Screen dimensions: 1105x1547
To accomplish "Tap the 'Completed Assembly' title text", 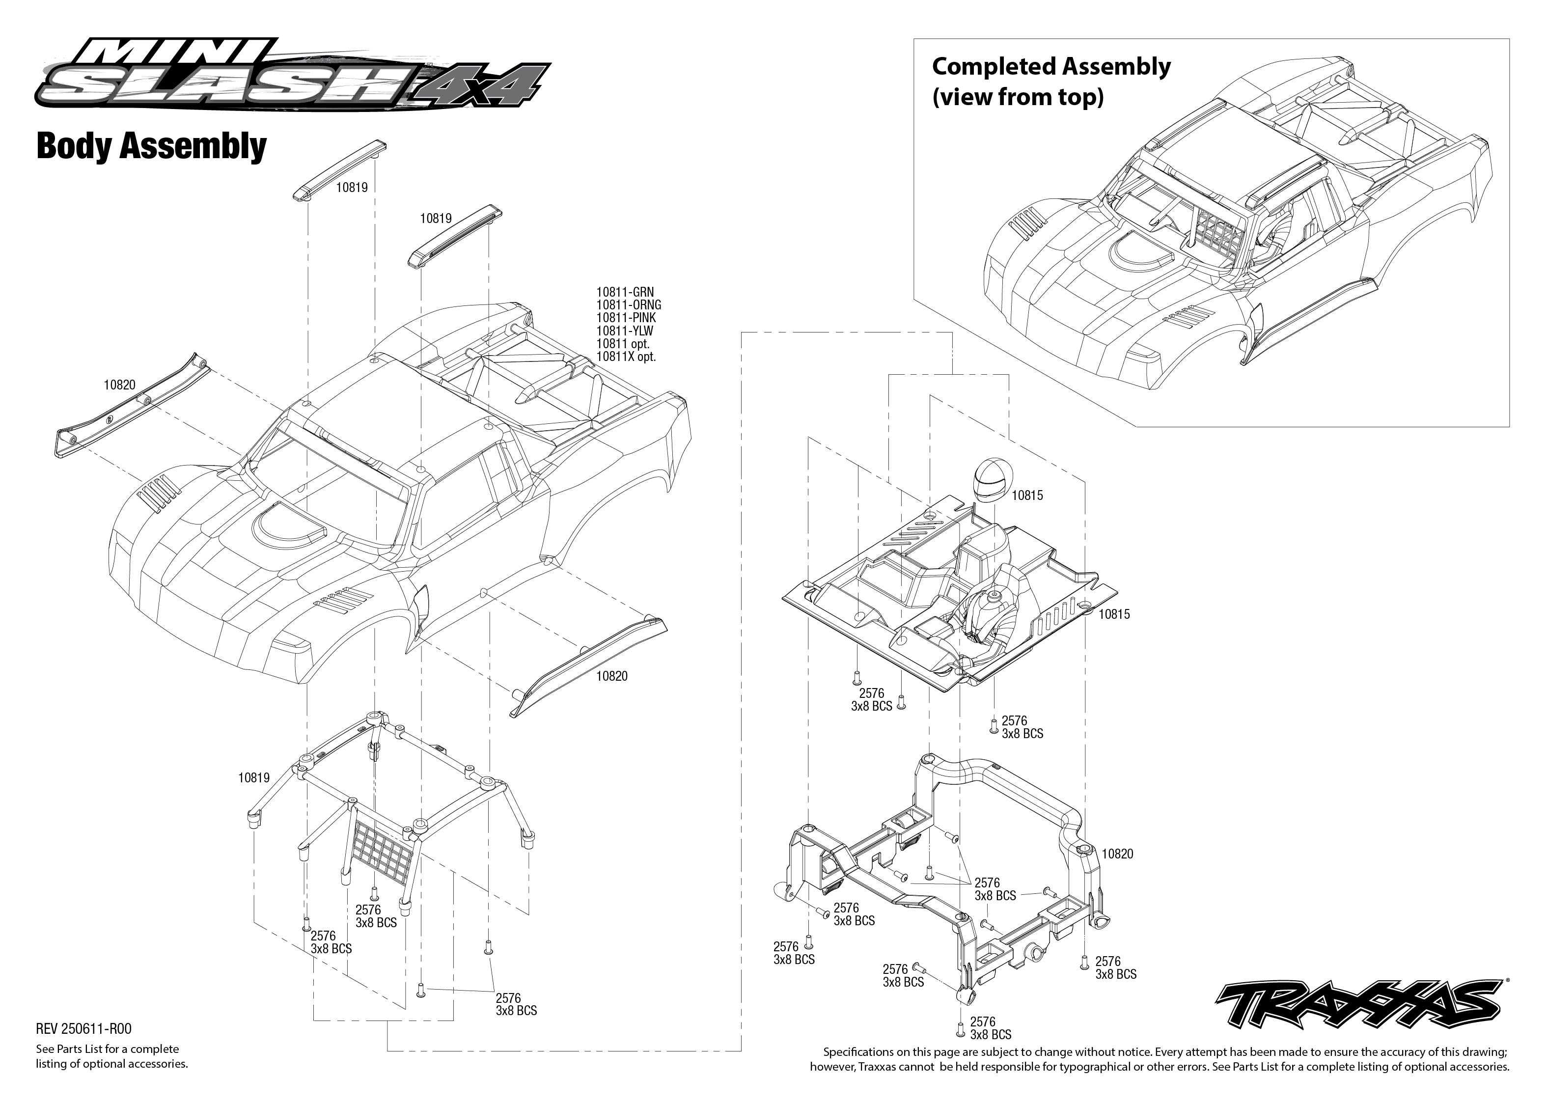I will pyautogui.click(x=1051, y=67).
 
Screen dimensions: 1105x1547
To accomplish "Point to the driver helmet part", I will pyautogui.click(x=991, y=480).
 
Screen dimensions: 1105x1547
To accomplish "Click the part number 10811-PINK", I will pyautogui.click(x=626, y=318).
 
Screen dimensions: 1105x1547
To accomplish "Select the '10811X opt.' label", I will pyautogui.click(x=626, y=357).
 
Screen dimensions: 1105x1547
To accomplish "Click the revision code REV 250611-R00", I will pyautogui.click(x=83, y=1029).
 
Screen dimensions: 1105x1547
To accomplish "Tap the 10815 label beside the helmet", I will pyautogui.click(x=1026, y=496).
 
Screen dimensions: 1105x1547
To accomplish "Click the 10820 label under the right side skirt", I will pyautogui.click(x=611, y=676).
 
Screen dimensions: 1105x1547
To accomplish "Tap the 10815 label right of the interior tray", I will pyautogui.click(x=1114, y=614).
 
